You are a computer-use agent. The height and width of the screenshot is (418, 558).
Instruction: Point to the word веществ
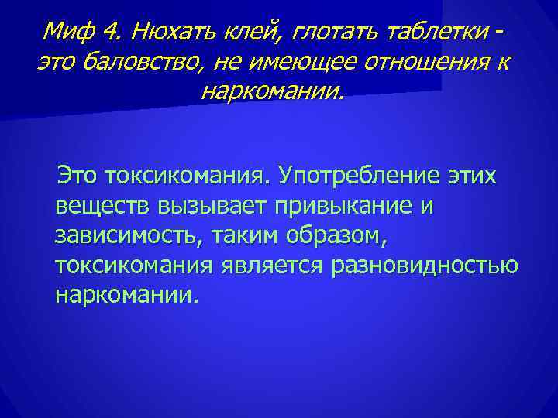102,207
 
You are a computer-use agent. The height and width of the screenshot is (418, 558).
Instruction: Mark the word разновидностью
422,266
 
